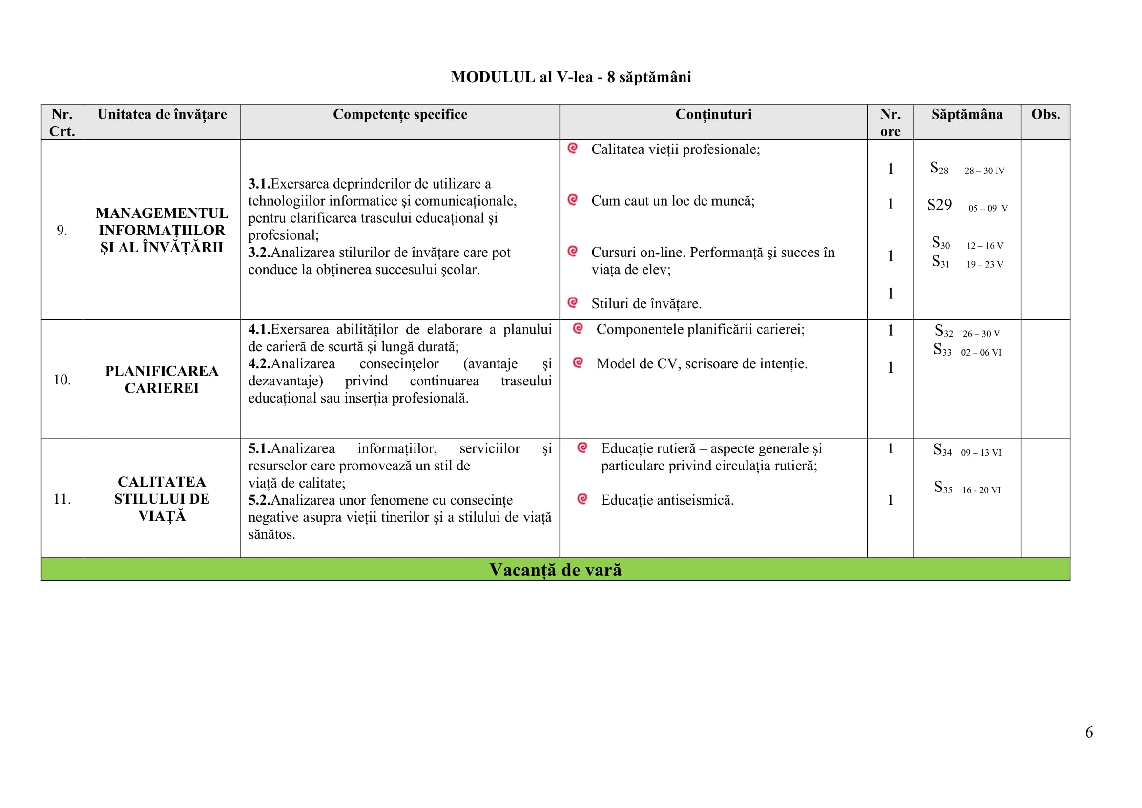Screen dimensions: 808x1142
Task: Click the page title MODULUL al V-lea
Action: [570, 77]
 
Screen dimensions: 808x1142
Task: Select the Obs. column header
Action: [1045, 114]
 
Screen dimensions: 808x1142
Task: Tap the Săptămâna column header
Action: [966, 114]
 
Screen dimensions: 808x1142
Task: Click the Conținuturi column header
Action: [713, 114]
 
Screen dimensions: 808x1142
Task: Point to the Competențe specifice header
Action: [400, 114]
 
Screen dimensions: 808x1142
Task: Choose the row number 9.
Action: [62, 230]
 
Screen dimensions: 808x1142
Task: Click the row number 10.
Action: [62, 380]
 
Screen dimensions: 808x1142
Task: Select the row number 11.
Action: [62, 499]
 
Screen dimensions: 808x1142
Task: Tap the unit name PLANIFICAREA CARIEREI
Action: [162, 380]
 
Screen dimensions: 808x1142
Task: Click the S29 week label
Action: [939, 205]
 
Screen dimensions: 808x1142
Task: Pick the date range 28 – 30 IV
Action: [984, 170]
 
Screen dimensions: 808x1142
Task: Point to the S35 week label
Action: [942, 487]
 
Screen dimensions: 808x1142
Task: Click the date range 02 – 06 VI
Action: [981, 352]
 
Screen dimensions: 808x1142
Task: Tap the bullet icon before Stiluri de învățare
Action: [573, 302]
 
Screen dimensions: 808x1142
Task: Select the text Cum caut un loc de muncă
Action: [672, 201]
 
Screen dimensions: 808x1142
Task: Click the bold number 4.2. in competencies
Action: [259, 364]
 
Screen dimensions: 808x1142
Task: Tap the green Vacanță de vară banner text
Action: [555, 570]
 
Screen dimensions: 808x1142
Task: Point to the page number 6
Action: [1089, 732]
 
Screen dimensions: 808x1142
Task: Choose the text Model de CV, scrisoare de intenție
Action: [701, 364]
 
